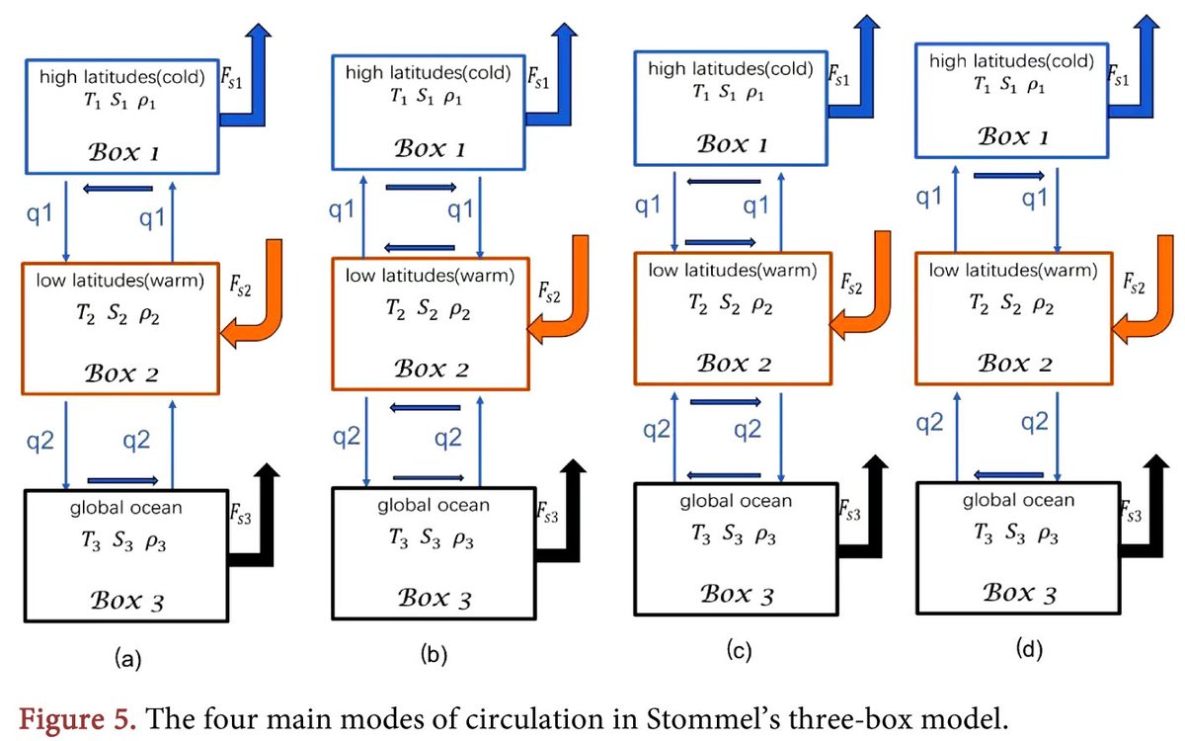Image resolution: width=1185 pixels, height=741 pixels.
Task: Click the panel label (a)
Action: point(128,659)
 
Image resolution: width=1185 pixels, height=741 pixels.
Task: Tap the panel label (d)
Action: point(1029,648)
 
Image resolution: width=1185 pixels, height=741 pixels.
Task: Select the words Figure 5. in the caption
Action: point(78,719)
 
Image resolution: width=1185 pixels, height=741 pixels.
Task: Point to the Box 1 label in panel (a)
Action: point(123,152)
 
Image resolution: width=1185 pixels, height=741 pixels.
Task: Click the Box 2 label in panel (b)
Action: point(432,369)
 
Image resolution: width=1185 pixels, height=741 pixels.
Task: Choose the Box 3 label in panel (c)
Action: point(737,595)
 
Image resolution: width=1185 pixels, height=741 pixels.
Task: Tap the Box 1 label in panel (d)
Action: point(1012,136)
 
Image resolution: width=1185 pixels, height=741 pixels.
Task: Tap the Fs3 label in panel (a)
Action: point(241,514)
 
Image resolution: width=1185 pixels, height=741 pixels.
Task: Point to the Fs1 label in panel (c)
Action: point(838,76)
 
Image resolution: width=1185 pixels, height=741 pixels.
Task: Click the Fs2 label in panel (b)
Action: point(549,292)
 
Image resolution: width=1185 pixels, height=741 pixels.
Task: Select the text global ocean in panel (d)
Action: point(1018,500)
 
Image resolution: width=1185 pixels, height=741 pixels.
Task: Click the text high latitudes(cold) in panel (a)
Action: point(122,77)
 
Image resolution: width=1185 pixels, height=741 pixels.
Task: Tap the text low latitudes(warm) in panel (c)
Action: point(733,271)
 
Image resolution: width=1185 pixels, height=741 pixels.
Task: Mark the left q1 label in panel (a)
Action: point(39,213)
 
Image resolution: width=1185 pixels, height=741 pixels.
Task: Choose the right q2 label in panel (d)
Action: point(1035,423)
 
